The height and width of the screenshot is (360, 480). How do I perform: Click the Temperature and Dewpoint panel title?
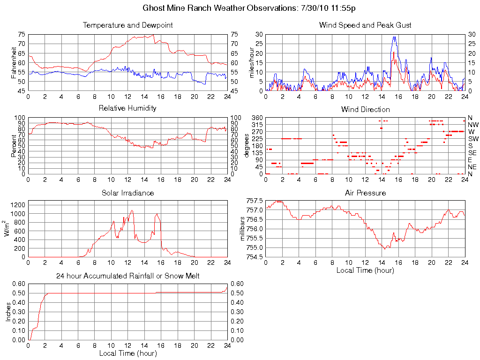127,25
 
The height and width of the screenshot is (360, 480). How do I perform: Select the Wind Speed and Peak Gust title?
365,25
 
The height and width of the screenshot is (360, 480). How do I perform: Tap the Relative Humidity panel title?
127,108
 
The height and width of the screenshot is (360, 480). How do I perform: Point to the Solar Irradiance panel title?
127,193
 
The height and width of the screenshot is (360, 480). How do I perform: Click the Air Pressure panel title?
365,193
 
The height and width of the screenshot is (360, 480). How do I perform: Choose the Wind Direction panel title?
365,109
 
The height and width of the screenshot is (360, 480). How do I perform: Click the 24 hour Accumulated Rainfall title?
127,276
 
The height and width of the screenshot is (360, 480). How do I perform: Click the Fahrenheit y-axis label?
14,62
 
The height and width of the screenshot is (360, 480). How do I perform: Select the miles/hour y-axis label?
252,62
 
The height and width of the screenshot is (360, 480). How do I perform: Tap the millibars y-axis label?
243,229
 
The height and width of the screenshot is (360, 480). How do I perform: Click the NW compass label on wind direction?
472,125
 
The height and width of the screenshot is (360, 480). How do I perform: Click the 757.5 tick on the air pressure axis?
255,201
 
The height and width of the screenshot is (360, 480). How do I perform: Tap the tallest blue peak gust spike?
395,37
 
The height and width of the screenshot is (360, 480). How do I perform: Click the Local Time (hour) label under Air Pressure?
365,270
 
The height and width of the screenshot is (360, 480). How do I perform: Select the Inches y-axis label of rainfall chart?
8,312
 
